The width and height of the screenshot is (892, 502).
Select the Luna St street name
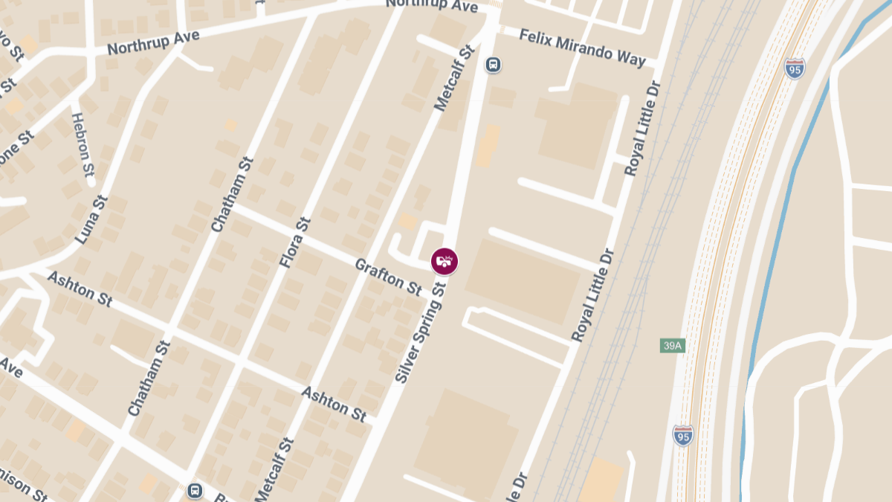[91, 220]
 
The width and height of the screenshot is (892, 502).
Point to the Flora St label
[294, 242]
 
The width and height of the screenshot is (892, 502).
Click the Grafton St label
[388, 274]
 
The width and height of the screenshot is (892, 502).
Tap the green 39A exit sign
[672, 346]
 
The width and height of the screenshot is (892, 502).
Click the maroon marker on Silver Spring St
[445, 261]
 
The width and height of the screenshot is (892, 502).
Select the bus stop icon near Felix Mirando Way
[492, 65]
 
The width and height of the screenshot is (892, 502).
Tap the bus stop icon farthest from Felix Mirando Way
[195, 491]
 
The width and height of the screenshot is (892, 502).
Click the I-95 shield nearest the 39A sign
[683, 435]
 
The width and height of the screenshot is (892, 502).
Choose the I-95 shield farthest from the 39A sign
[795, 68]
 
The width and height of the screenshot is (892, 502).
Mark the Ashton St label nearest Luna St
[80, 289]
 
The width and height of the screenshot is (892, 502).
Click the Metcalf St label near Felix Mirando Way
[454, 78]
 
